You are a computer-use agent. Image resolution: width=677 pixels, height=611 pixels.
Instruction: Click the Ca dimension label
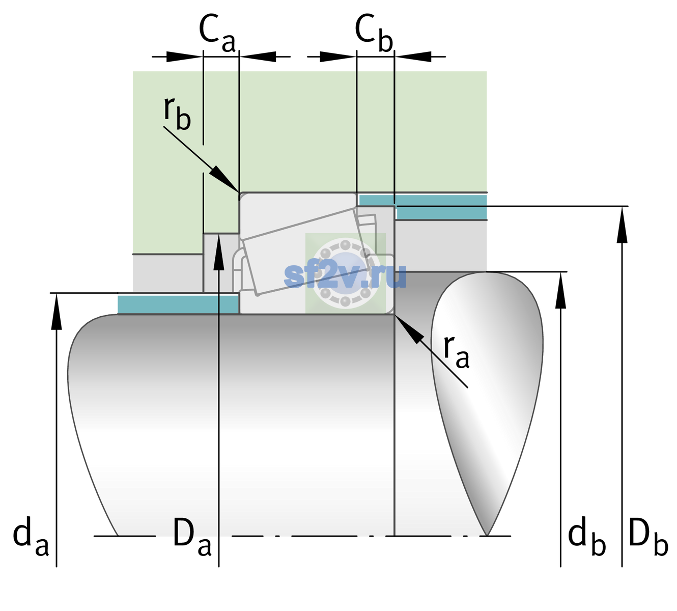pos(217,33)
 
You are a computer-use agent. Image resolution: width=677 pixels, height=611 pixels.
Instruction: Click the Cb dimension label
pos(374,33)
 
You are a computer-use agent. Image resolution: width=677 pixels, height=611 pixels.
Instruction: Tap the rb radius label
pos(177,113)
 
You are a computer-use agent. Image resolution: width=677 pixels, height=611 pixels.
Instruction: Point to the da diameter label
pos(31,536)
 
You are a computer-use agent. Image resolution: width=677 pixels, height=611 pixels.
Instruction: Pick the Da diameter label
pos(192,536)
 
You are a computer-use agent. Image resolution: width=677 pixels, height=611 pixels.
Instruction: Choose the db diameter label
pos(587,536)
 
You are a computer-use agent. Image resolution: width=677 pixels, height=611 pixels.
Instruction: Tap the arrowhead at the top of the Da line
pos(219,252)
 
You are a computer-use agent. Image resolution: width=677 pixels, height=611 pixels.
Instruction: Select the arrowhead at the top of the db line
pos(560,290)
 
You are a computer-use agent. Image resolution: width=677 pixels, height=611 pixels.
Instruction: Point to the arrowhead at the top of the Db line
pos(622,225)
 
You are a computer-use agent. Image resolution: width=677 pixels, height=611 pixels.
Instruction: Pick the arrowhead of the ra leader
pos(409,329)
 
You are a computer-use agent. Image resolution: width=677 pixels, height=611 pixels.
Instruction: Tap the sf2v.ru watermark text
pos(345,276)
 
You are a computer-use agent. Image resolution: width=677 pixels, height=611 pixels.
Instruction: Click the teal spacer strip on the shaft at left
pos(178,304)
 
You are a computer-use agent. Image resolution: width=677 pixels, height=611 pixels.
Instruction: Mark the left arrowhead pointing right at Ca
pos(184,57)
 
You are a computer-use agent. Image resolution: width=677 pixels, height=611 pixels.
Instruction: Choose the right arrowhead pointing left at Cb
pos(413,57)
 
